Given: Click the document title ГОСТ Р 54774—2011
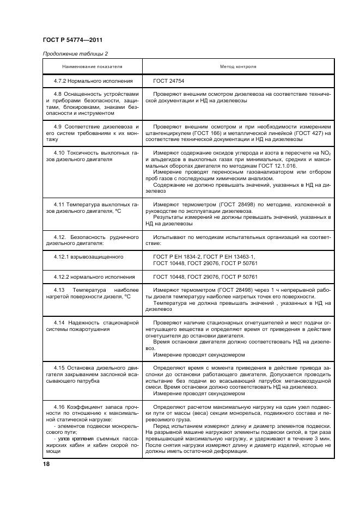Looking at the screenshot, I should tap(72, 40).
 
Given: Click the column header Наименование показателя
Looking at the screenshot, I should tap(93, 66).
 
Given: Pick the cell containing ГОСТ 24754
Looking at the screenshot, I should tap(169, 81).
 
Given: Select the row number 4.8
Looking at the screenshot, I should tap(59, 95).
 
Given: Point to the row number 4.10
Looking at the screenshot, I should tap(60, 153).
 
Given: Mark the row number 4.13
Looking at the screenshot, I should tap(60, 290).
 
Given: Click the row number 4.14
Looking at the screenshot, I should tap(60, 323).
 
